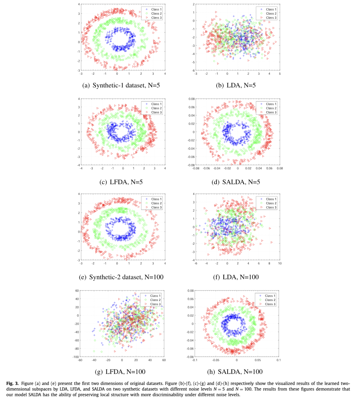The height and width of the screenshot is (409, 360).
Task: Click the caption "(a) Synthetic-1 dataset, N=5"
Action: click(x=121, y=85)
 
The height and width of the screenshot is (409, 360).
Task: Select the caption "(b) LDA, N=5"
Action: click(x=236, y=85)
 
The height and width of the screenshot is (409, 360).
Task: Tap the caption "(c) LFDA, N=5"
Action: click(x=121, y=182)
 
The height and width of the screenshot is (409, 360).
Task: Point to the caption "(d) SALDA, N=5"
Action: click(x=236, y=182)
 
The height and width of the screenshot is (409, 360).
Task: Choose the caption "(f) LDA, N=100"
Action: click(x=236, y=277)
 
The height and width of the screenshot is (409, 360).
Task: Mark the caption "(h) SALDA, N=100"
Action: click(x=235, y=372)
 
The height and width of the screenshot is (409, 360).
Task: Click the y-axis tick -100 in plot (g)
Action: click(x=76, y=357)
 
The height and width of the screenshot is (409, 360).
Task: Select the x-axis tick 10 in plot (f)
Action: click(x=280, y=263)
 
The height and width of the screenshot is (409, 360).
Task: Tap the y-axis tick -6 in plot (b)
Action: click(x=193, y=71)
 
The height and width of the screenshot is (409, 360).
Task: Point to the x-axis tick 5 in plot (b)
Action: click(x=280, y=74)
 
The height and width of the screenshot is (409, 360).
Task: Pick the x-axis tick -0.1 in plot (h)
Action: click(x=195, y=360)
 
